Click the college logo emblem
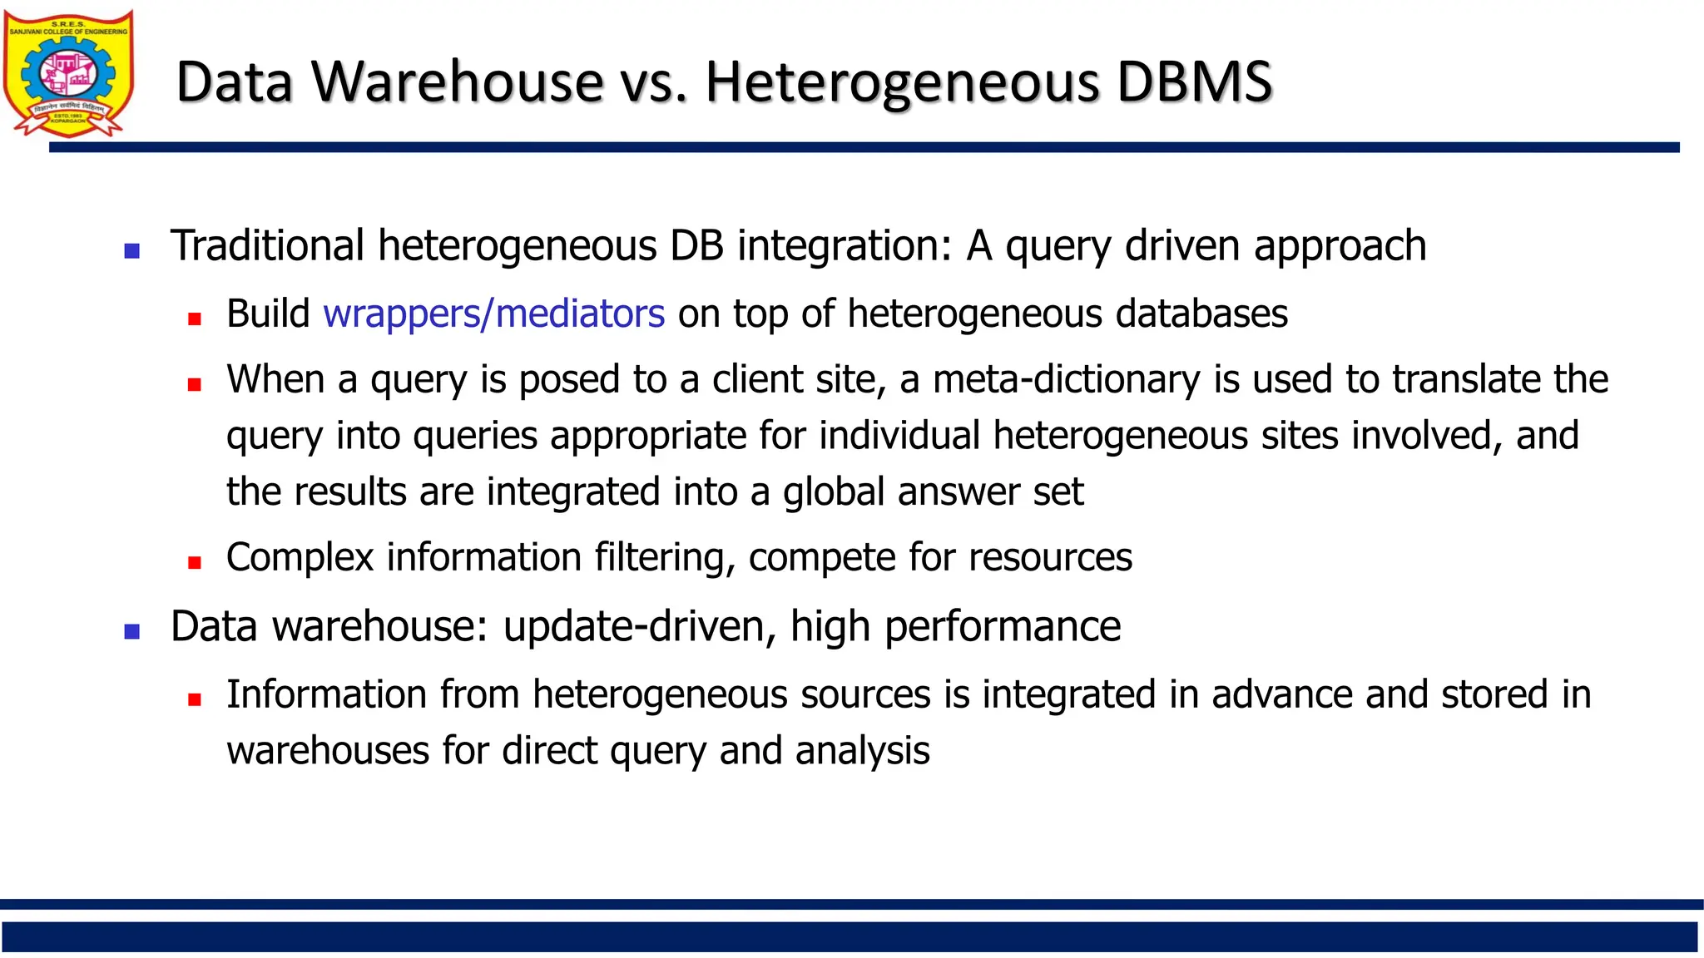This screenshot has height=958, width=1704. tap(68, 73)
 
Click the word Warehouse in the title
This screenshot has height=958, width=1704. tap(457, 82)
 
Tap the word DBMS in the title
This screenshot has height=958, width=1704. tap(1194, 82)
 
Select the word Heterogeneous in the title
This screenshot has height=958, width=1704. tap(902, 84)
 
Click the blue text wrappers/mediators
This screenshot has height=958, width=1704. tap(493, 314)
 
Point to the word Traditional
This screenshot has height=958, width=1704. tap(267, 246)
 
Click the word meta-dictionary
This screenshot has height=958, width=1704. tap(1066, 379)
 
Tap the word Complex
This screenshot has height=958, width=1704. tap(300, 558)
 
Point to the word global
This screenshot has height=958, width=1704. tap(833, 492)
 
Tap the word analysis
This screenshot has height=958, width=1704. tap(862, 751)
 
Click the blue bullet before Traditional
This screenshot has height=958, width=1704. tap(131, 250)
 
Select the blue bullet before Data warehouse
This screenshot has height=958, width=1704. tap(131, 631)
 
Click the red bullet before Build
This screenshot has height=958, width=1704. tap(195, 319)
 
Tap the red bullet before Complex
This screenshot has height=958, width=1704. tap(195, 562)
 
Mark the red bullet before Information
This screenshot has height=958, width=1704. tap(195, 699)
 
